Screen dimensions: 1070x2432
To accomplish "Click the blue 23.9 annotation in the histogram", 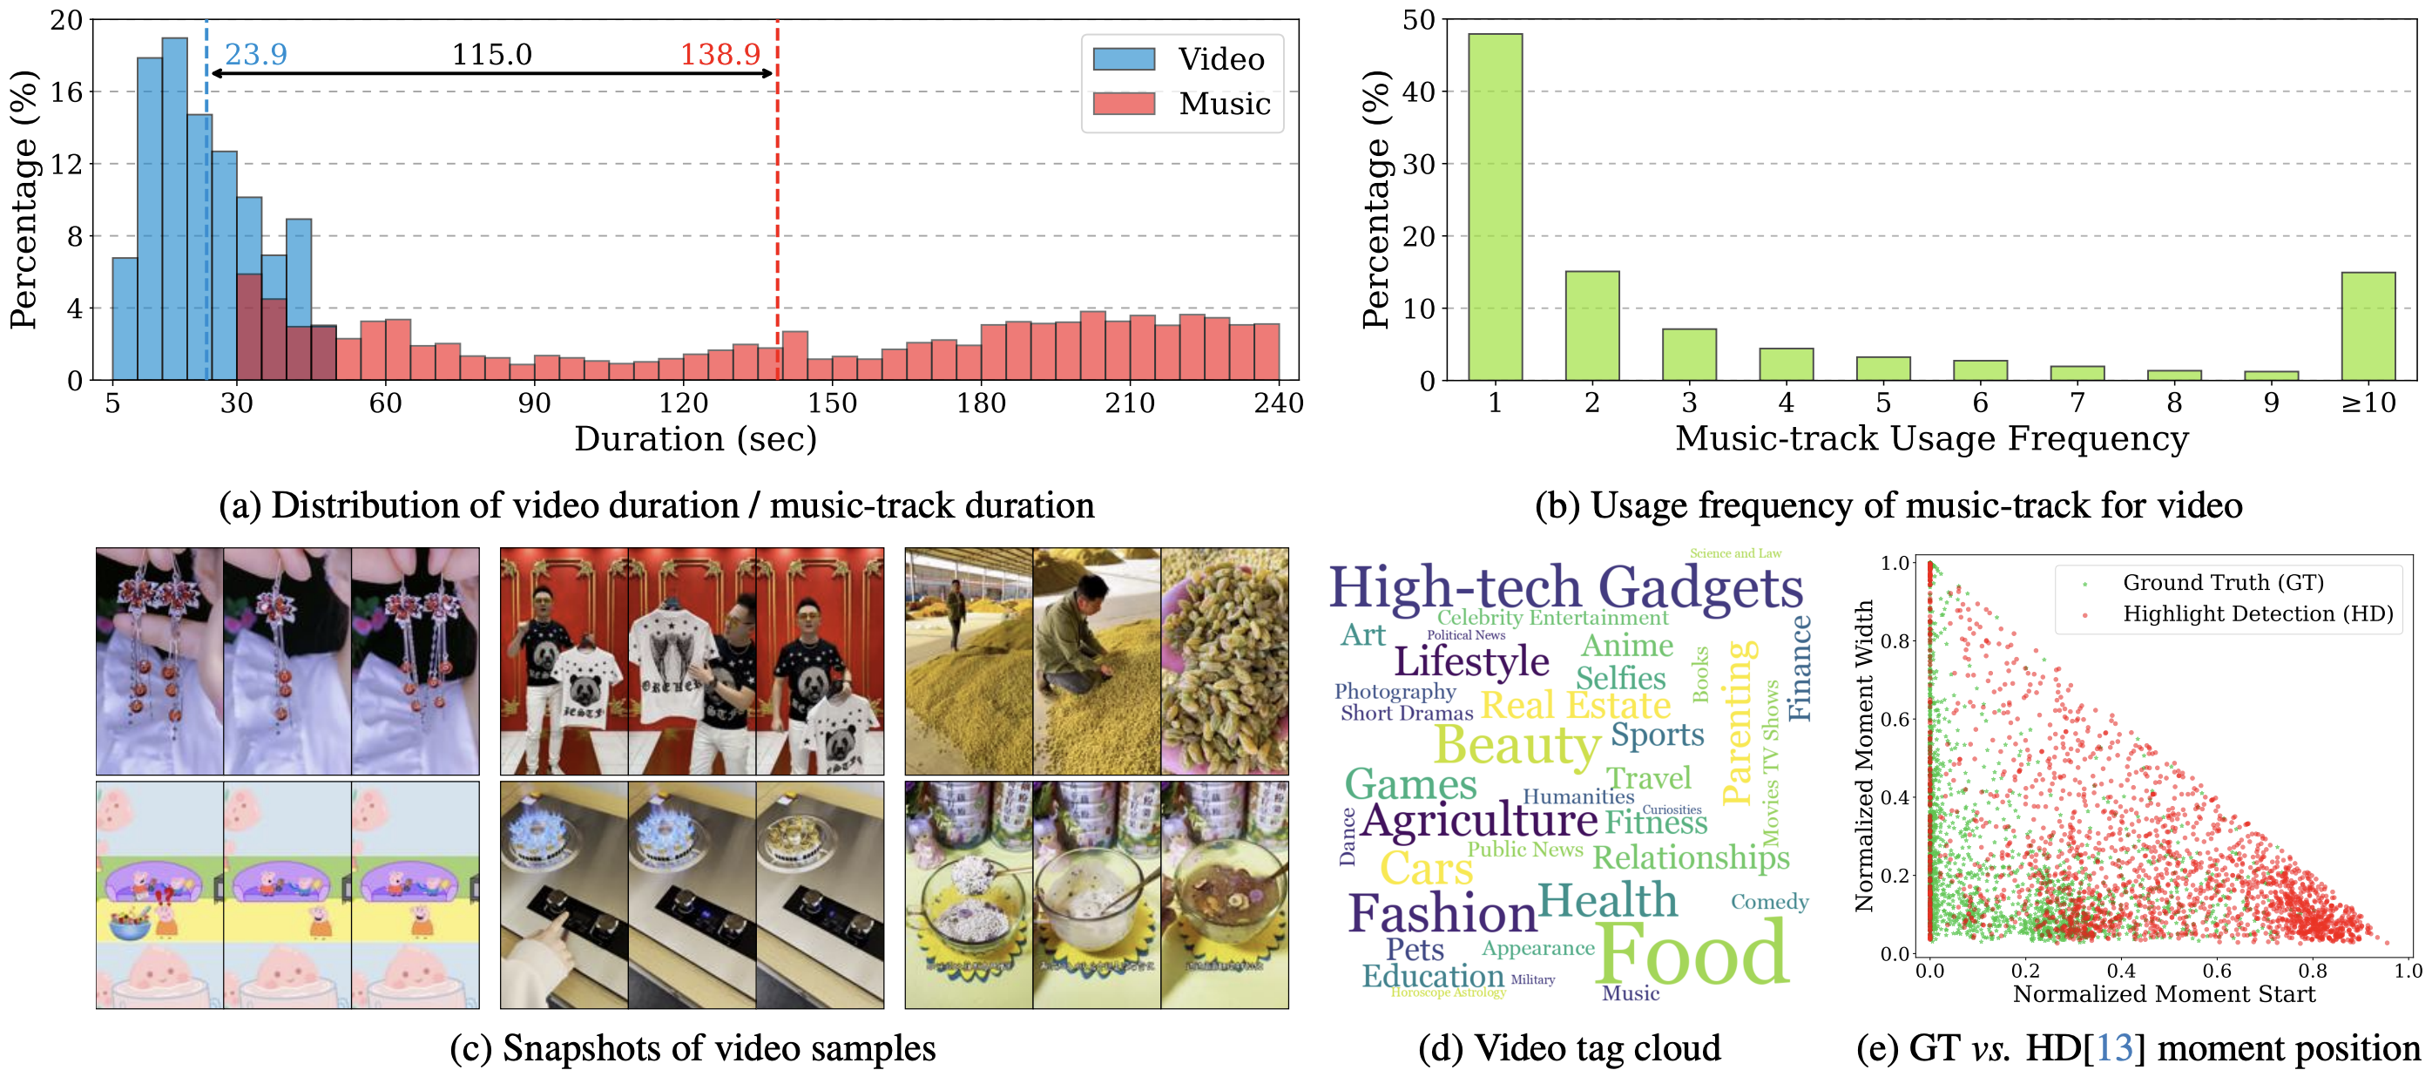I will click(x=256, y=55).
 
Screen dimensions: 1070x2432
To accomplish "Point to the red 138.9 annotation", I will click(x=719, y=55).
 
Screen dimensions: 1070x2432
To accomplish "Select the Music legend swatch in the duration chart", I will click(x=1124, y=103).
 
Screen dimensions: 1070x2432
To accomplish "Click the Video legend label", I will click(x=1220, y=59).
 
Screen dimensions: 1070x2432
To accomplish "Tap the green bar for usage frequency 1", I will click(x=1495, y=207).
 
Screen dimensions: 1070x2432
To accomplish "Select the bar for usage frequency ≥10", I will click(x=2368, y=326).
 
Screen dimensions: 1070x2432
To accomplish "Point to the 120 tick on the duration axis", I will click(x=683, y=403).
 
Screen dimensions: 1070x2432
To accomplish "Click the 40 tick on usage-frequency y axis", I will click(x=1419, y=91).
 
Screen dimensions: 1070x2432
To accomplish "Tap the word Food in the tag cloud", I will click(x=1692, y=954).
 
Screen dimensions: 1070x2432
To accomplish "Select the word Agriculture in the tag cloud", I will click(x=1478, y=820).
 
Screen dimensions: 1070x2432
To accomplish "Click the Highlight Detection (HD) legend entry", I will click(x=2257, y=614).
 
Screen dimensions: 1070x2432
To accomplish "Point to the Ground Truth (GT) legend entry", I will click(x=2222, y=583).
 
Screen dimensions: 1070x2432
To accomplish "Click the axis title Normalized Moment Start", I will click(x=2164, y=994).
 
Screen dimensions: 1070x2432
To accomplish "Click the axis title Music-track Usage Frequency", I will click(x=1932, y=439).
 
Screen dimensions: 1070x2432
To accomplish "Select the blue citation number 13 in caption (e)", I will click(x=2114, y=1048).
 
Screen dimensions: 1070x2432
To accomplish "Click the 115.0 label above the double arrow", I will click(x=491, y=55).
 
